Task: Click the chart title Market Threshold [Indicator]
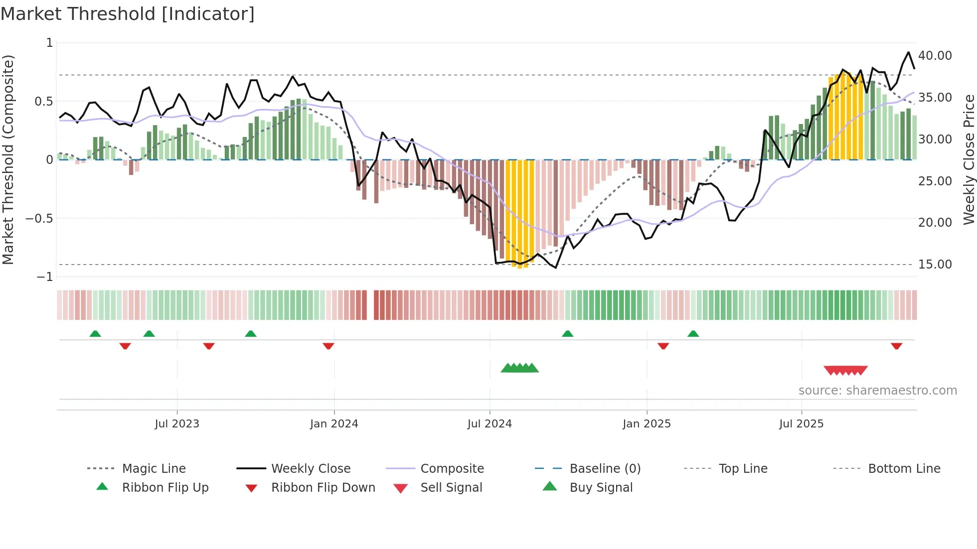(x=128, y=14)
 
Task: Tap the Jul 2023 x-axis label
(x=176, y=424)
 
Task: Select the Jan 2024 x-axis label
(x=334, y=424)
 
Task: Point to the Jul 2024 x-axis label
(x=489, y=424)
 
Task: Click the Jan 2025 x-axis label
(x=647, y=424)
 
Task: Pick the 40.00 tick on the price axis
(x=935, y=56)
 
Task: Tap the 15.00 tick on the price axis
(x=935, y=265)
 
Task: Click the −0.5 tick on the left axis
(x=39, y=219)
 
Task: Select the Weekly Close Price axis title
(x=969, y=159)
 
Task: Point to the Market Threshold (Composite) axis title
(x=8, y=159)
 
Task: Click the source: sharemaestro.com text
(x=877, y=391)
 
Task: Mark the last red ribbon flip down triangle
(x=896, y=346)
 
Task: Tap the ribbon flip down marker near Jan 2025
(x=663, y=346)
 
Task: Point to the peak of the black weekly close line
(x=908, y=52)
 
